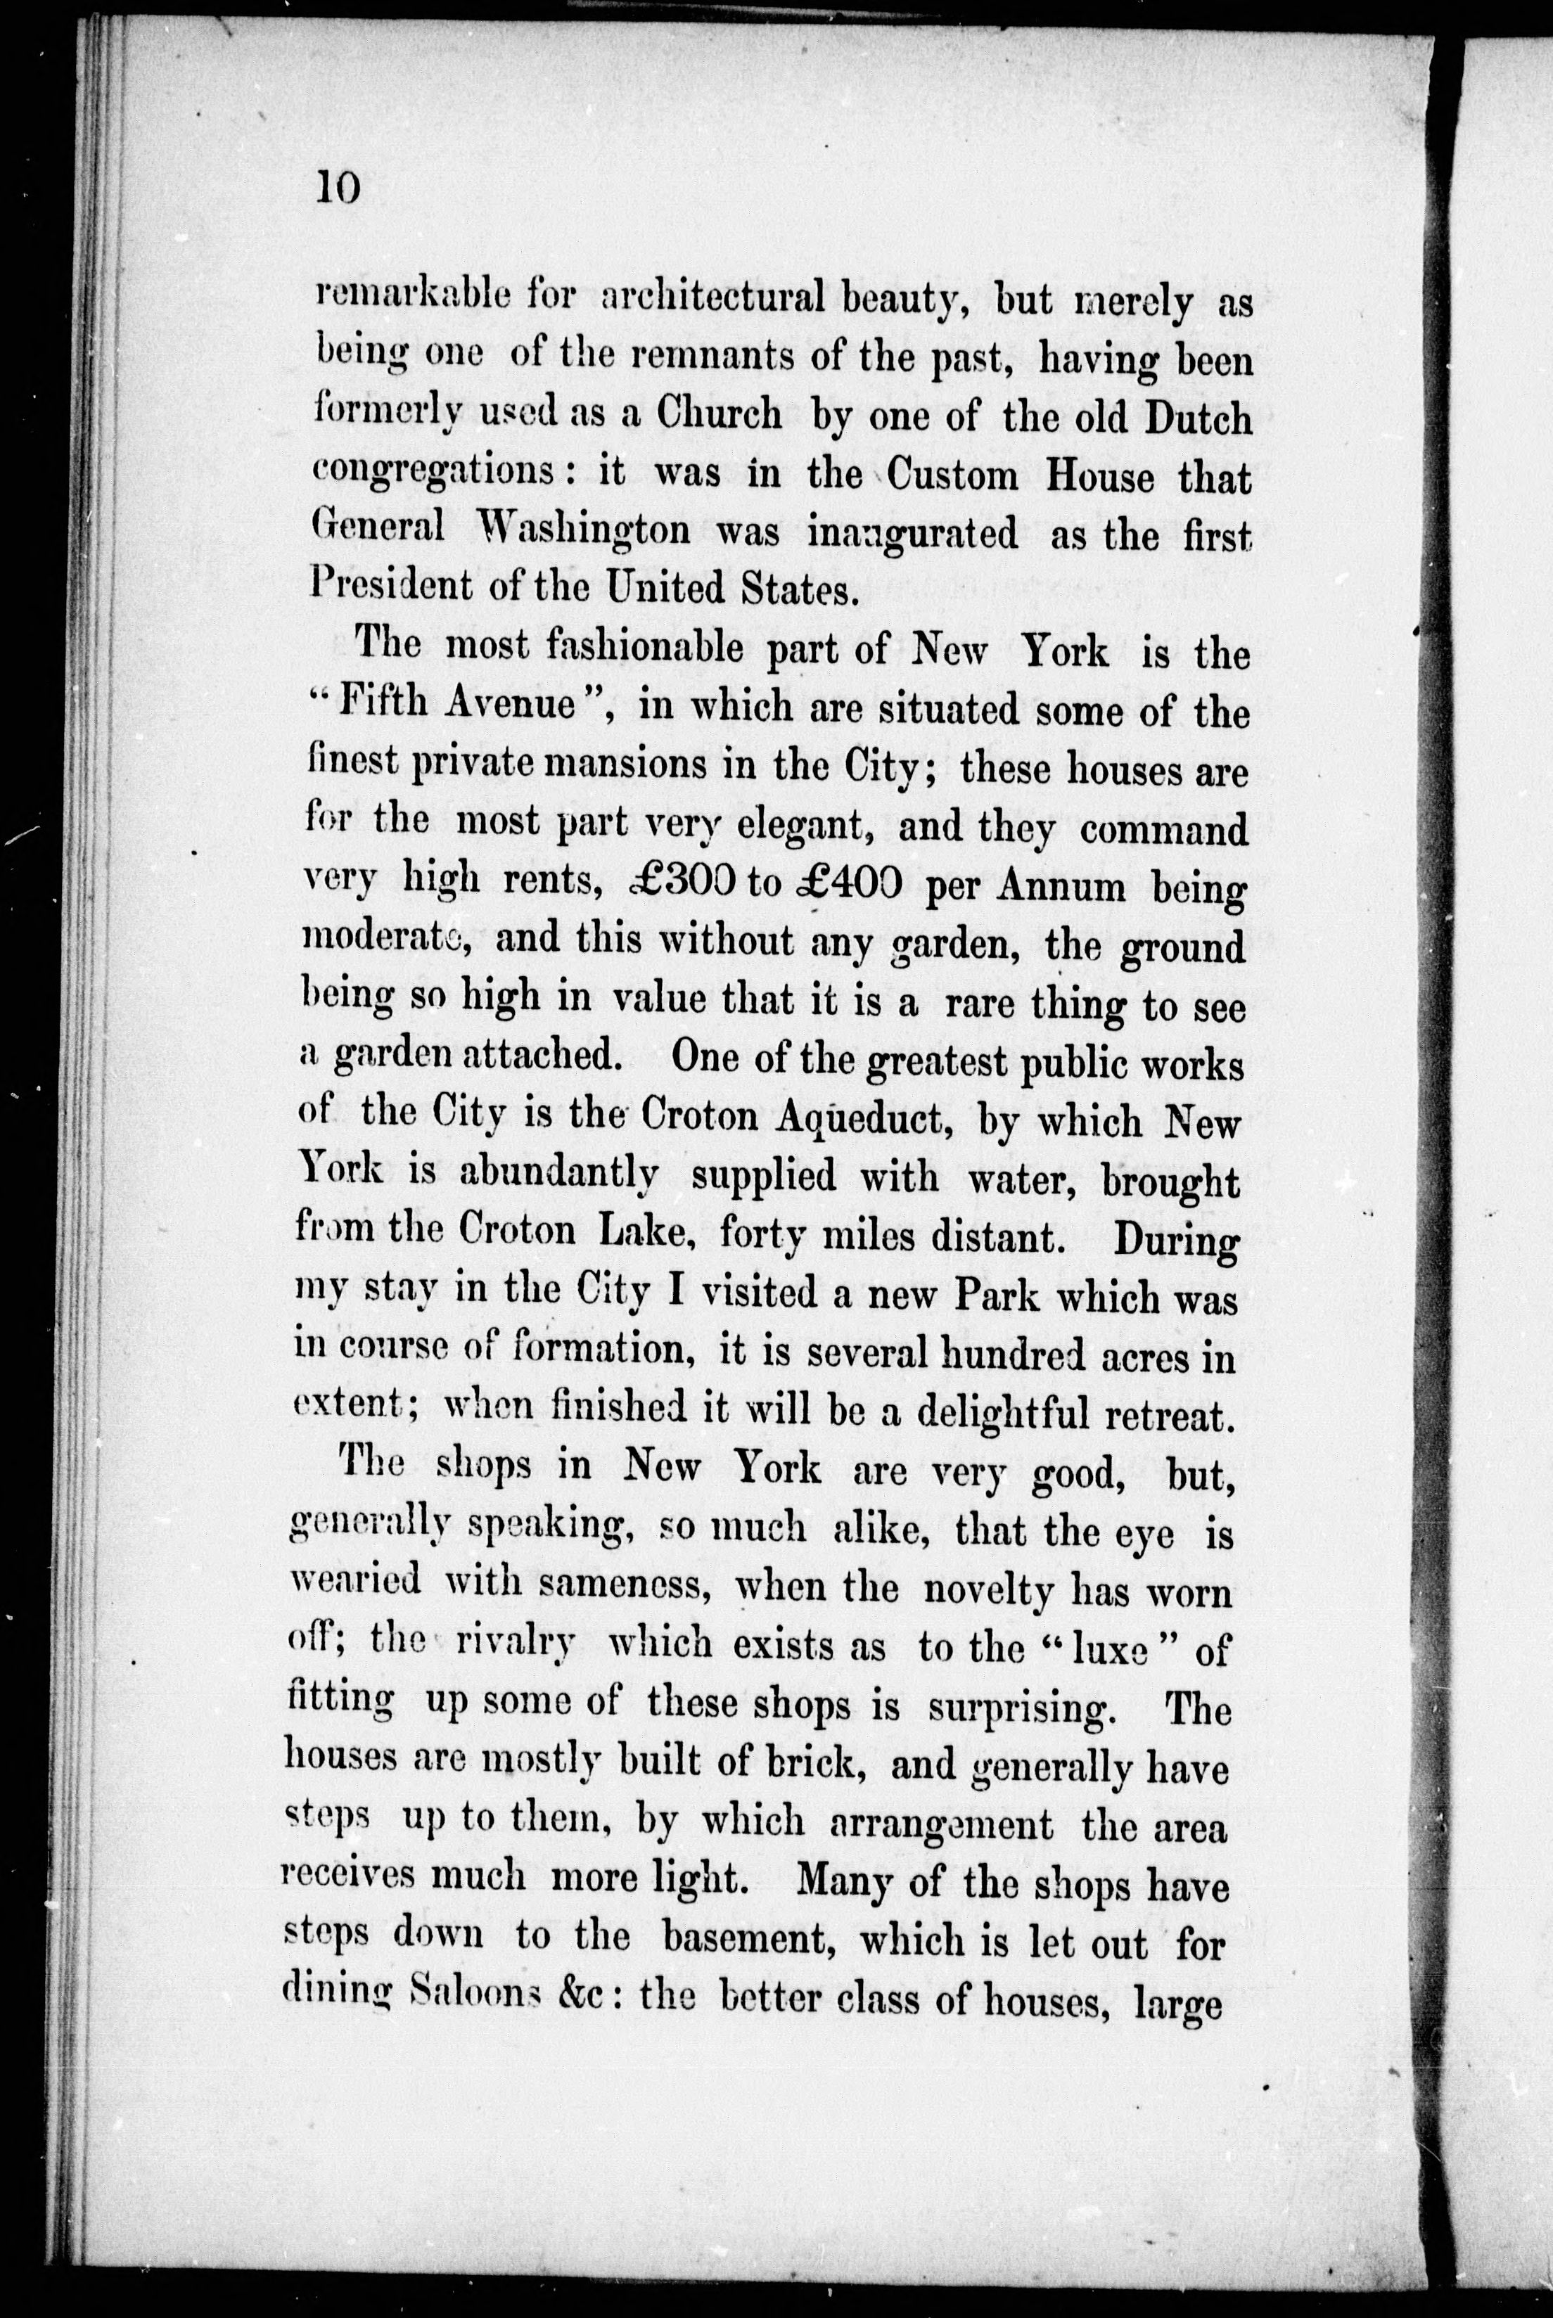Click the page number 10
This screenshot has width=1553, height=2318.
pos(338,185)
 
